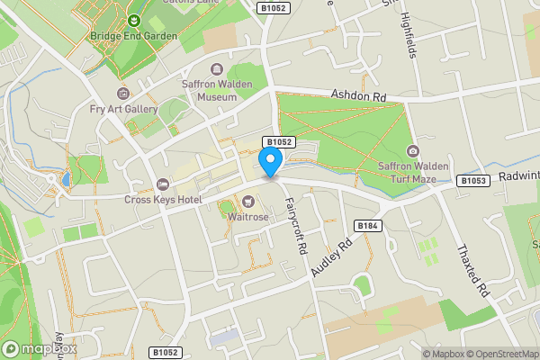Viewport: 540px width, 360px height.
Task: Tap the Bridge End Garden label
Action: pyautogui.click(x=134, y=36)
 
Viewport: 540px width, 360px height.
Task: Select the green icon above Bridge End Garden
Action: pyautogui.click(x=134, y=20)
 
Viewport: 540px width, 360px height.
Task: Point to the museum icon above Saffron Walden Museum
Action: pyautogui.click(x=216, y=69)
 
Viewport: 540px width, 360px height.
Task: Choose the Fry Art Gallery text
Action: pyautogui.click(x=124, y=109)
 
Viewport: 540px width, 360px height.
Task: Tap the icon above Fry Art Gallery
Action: pyautogui.click(x=124, y=94)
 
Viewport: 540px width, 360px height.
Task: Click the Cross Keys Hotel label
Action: pyautogui.click(x=162, y=200)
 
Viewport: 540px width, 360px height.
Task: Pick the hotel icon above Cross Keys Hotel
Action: pyautogui.click(x=162, y=184)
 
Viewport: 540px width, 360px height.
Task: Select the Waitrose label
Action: pyautogui.click(x=247, y=216)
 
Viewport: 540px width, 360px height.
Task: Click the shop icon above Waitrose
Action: pyautogui.click(x=247, y=201)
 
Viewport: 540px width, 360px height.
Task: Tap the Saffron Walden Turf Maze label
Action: pyautogui.click(x=413, y=171)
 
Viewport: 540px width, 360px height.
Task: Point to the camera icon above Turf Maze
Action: pyautogui.click(x=413, y=150)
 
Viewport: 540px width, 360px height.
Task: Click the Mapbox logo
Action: pyautogui.click(x=39, y=348)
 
